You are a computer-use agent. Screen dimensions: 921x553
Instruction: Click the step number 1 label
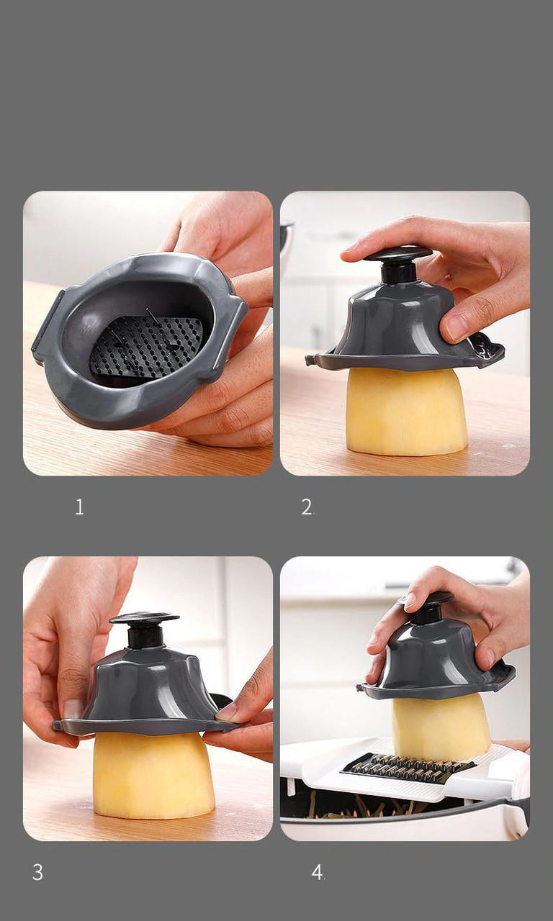79,507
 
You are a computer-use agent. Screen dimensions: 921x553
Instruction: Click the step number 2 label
307,507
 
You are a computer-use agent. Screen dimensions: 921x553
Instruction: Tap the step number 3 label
37,873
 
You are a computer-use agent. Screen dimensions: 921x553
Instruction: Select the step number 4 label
318,873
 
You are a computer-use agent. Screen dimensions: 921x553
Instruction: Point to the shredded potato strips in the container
360,806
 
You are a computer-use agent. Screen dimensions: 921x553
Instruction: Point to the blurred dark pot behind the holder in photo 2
287,245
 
